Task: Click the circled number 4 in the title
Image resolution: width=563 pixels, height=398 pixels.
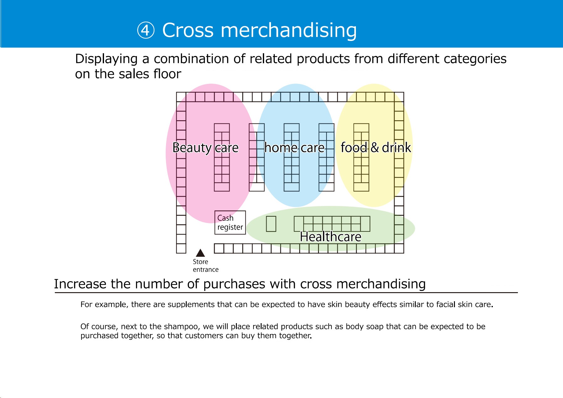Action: [x=146, y=30]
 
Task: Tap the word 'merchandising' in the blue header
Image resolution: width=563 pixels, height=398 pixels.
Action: [x=289, y=30]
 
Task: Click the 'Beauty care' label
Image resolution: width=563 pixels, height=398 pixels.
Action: [x=206, y=147]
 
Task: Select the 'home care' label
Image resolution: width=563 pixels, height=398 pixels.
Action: [x=294, y=147]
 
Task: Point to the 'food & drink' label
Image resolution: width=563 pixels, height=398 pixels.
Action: [x=376, y=147]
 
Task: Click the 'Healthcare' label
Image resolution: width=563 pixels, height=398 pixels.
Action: [x=331, y=237]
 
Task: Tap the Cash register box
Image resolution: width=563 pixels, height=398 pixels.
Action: [x=230, y=223]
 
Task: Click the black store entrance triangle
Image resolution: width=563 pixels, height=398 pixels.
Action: [x=200, y=253]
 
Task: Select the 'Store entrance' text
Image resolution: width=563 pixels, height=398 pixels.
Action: [x=206, y=266]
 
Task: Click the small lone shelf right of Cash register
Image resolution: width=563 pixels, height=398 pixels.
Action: [x=271, y=224]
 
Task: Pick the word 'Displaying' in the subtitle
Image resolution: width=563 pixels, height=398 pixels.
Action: [x=107, y=59]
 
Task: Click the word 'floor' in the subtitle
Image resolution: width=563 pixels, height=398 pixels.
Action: [x=167, y=74]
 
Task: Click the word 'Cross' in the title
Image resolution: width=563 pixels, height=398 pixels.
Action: [x=188, y=30]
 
